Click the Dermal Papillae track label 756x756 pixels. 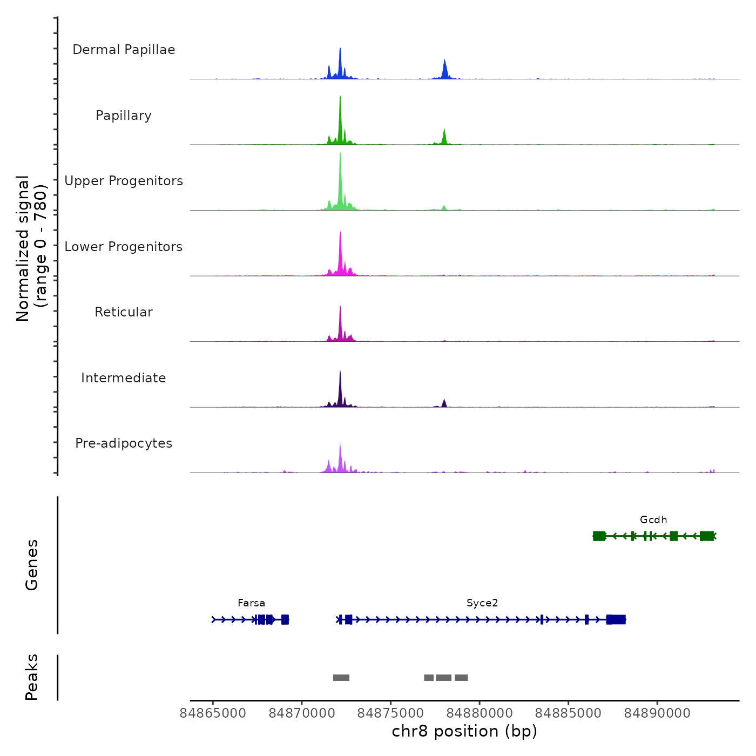pos(124,50)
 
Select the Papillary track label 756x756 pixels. pos(124,116)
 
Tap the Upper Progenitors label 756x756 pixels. pos(124,181)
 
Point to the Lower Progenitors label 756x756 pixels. pos(124,247)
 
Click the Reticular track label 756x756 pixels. pos(124,312)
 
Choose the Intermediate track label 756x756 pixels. pos(124,378)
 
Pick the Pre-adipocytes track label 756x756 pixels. pos(124,443)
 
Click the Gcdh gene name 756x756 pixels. pos(653,520)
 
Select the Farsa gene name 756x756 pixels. pos(252,603)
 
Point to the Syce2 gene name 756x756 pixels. pos(482,603)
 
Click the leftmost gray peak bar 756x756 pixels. pos(341,678)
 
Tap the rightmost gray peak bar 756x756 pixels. pos(461,678)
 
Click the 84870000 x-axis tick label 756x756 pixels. pos(302,713)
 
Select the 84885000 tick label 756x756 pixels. pos(568,713)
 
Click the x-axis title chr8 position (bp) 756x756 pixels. pos(464,731)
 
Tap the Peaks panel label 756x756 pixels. pos(32,677)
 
